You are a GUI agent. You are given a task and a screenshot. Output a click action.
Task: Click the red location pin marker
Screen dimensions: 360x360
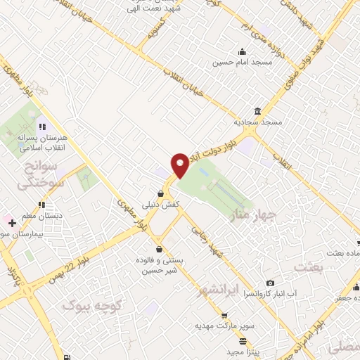(x=180, y=165)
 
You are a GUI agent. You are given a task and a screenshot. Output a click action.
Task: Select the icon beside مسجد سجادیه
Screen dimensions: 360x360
(x=259, y=112)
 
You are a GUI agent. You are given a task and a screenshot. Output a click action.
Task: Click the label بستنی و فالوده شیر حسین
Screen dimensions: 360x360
(x=163, y=265)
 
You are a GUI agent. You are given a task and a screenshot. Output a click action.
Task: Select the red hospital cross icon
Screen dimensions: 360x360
(x=12, y=223)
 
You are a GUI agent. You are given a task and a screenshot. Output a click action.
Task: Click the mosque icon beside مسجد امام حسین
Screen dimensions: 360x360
(x=242, y=51)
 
